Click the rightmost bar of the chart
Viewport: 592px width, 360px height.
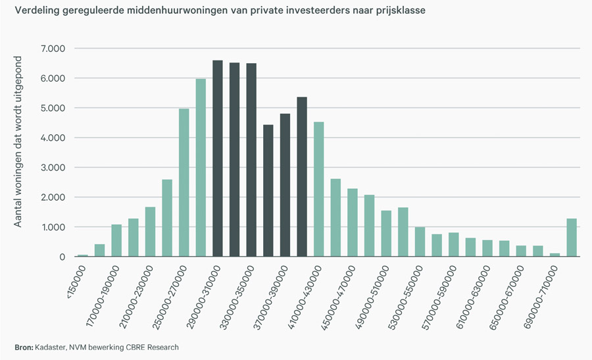[x=572, y=238]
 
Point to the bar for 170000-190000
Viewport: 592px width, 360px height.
[x=116, y=241]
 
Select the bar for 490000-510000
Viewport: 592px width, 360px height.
[x=387, y=234]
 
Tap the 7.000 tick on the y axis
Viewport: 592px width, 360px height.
[x=53, y=49]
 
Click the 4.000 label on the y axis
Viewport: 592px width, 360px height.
[x=53, y=138]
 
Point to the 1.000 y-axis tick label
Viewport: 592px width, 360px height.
[x=53, y=227]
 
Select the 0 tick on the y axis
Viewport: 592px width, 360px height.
[x=61, y=257]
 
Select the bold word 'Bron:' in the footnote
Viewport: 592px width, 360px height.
[x=24, y=347]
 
